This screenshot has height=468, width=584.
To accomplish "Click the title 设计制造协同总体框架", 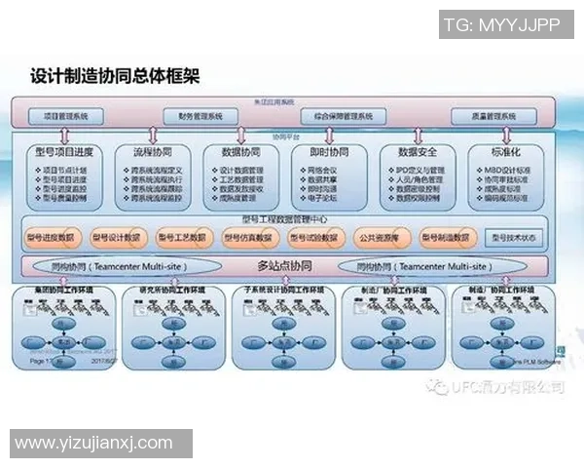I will (x=115, y=75).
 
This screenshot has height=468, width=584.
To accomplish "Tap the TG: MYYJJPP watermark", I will (x=501, y=26).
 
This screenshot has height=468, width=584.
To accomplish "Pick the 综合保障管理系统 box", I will (x=337, y=116).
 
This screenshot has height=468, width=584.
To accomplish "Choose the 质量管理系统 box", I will (x=483, y=116).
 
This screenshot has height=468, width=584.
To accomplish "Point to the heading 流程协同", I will (x=152, y=152).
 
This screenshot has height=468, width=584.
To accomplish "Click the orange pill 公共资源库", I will (x=379, y=237).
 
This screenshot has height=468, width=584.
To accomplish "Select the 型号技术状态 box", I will (x=514, y=237).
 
